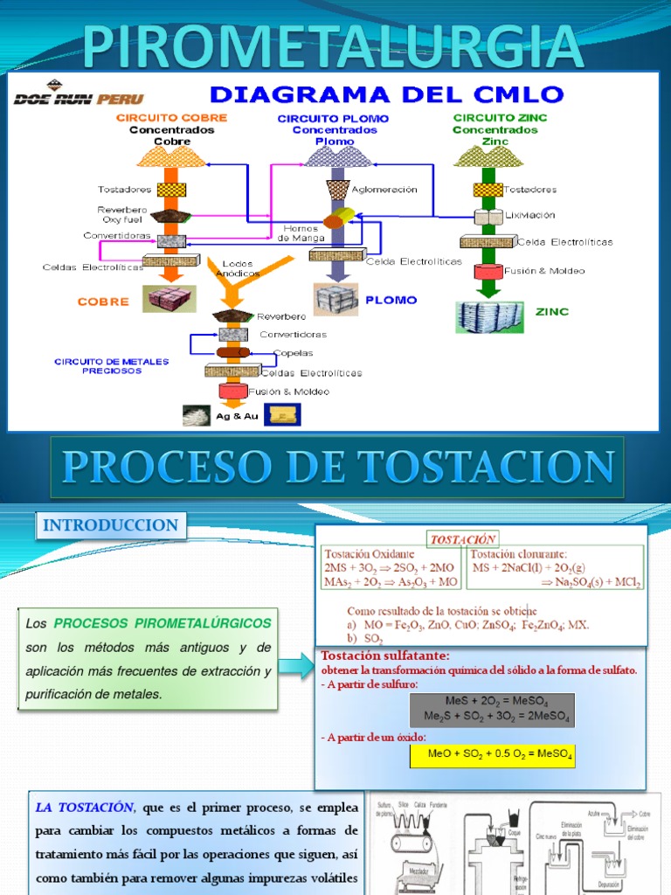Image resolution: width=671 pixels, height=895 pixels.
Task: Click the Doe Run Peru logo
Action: (x=77, y=98)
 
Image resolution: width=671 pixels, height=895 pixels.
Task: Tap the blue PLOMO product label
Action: (x=391, y=299)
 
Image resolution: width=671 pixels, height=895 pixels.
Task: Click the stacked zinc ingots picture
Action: (x=490, y=317)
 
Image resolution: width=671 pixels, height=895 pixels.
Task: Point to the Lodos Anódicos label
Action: (x=239, y=267)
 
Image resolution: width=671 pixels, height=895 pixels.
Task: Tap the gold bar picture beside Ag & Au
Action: (x=281, y=414)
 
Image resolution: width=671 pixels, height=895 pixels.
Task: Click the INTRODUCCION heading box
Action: (x=110, y=526)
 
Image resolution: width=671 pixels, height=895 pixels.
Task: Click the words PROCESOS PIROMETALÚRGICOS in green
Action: (x=163, y=624)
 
